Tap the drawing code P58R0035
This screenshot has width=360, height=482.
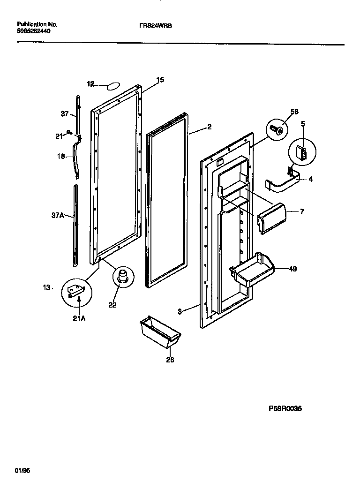[x=285, y=409]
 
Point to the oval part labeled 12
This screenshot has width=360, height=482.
[x=113, y=86]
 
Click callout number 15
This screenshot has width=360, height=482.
[x=160, y=80]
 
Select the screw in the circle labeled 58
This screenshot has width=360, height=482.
[x=277, y=129]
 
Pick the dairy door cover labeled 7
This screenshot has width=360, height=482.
[x=271, y=217]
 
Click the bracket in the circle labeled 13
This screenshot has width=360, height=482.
[x=76, y=293]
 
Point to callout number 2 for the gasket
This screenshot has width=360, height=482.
[x=209, y=127]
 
